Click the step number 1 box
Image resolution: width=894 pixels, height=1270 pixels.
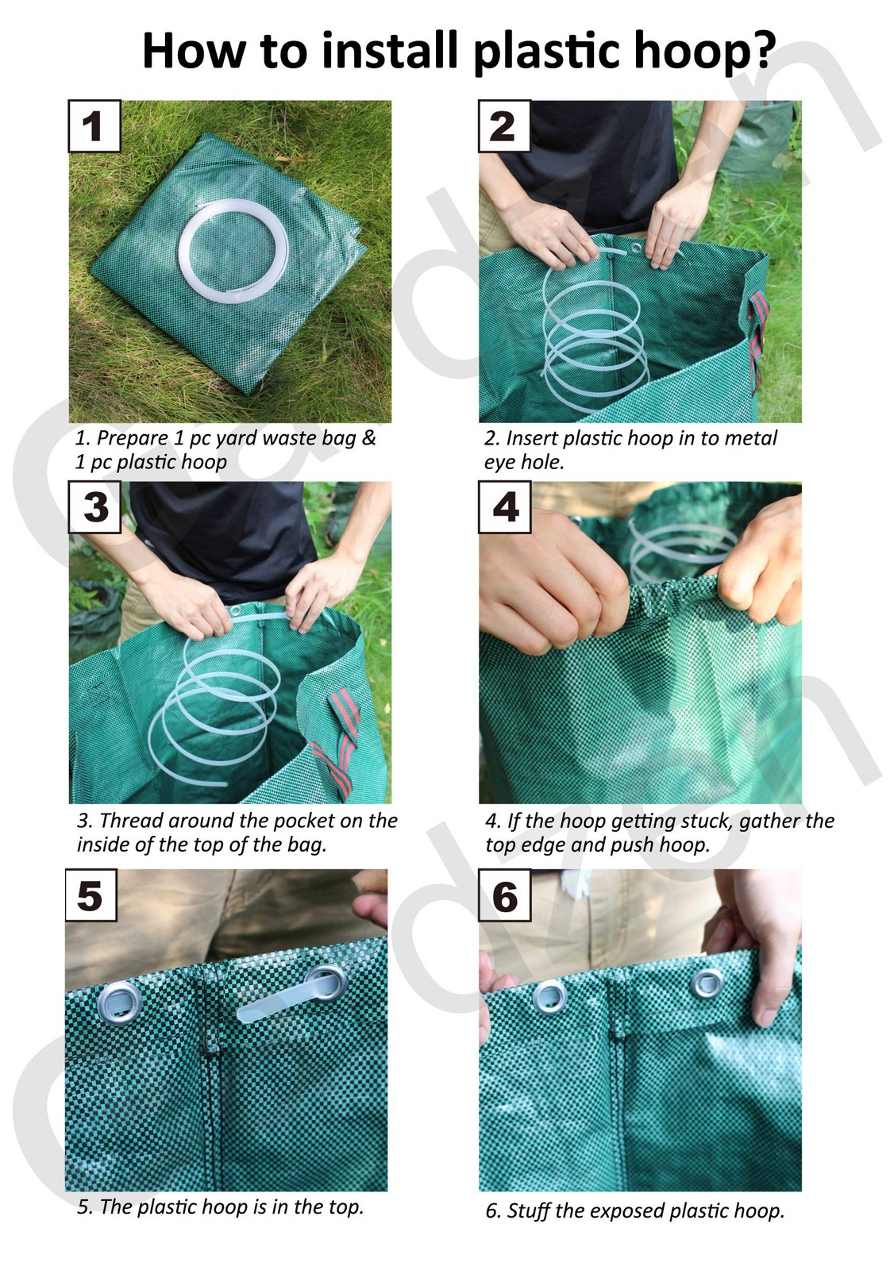click(94, 126)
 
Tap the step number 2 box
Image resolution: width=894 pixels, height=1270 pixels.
click(503, 126)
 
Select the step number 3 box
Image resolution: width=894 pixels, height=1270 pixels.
click(94, 507)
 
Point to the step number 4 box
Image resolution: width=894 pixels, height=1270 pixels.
click(504, 507)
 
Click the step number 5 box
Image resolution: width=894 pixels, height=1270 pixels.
click(91, 895)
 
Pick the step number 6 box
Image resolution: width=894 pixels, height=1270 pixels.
click(504, 895)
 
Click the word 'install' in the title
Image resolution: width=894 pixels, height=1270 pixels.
click(392, 51)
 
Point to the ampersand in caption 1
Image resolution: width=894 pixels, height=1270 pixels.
click(368, 438)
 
